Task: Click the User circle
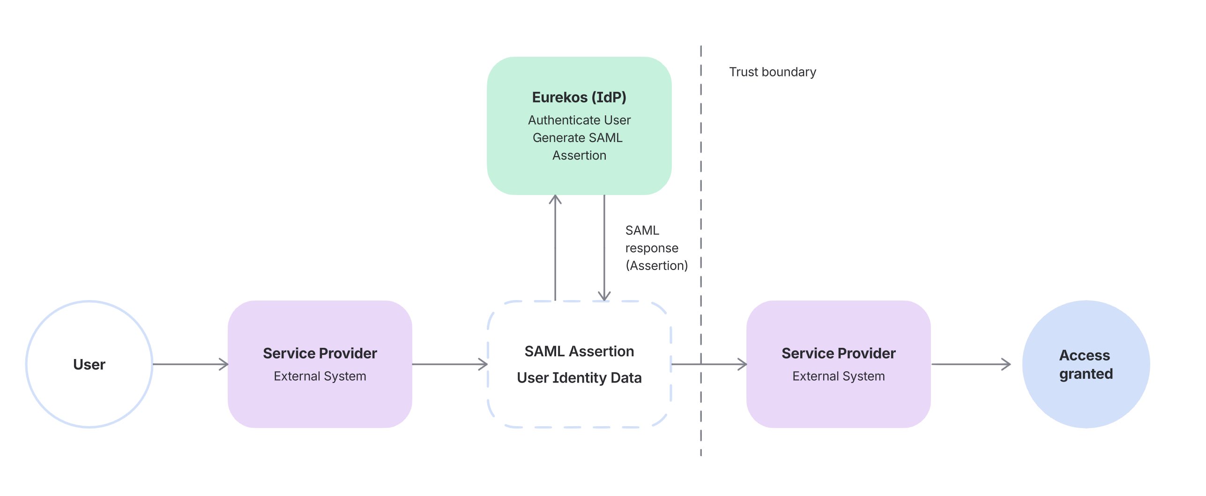tap(89, 364)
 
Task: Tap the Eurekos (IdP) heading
tap(579, 97)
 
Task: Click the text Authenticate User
tap(579, 120)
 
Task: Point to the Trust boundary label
tap(772, 72)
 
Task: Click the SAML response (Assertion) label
tap(655, 248)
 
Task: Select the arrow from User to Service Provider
tap(190, 364)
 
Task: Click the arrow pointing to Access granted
tap(970, 364)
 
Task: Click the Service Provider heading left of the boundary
tap(320, 353)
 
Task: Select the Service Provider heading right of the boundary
tap(838, 353)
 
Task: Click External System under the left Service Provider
tap(320, 376)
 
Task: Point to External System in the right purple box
tap(838, 376)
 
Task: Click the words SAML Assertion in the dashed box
tap(579, 351)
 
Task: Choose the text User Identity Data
tap(579, 377)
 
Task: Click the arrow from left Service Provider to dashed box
tap(450, 364)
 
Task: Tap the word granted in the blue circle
tap(1086, 374)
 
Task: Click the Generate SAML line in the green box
tap(577, 138)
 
